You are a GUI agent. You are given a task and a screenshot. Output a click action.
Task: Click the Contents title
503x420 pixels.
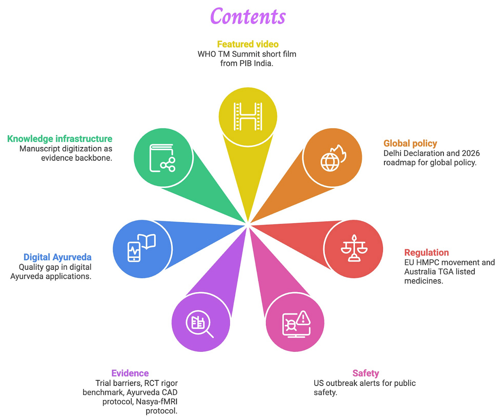[x=248, y=17]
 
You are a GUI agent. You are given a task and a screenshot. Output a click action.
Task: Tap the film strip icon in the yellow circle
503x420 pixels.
[x=248, y=116]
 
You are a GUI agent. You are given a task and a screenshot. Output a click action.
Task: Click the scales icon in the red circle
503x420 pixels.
[x=354, y=248]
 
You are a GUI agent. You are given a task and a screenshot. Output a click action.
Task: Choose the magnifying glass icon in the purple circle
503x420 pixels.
[x=200, y=324]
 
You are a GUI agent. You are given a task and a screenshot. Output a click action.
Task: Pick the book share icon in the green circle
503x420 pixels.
[x=162, y=158]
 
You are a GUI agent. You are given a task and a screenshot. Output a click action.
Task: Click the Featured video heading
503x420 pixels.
[x=248, y=44]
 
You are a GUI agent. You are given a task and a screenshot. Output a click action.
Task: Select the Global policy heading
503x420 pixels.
[x=410, y=143]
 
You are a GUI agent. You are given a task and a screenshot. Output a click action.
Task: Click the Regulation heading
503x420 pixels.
[x=426, y=252]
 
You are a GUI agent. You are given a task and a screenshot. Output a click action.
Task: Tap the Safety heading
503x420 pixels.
[x=366, y=373]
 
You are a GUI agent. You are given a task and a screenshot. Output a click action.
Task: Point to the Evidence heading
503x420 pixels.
[x=130, y=373]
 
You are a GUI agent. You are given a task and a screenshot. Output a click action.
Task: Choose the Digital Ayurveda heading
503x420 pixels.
[x=57, y=257]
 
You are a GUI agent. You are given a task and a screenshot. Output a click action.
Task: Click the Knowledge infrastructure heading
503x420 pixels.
[x=60, y=139]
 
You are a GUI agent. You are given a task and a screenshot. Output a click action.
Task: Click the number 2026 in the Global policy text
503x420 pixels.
[x=471, y=153]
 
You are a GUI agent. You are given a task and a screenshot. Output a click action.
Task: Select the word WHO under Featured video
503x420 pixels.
[x=207, y=54]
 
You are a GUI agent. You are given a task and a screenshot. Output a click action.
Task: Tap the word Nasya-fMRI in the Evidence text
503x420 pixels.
[x=156, y=402]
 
